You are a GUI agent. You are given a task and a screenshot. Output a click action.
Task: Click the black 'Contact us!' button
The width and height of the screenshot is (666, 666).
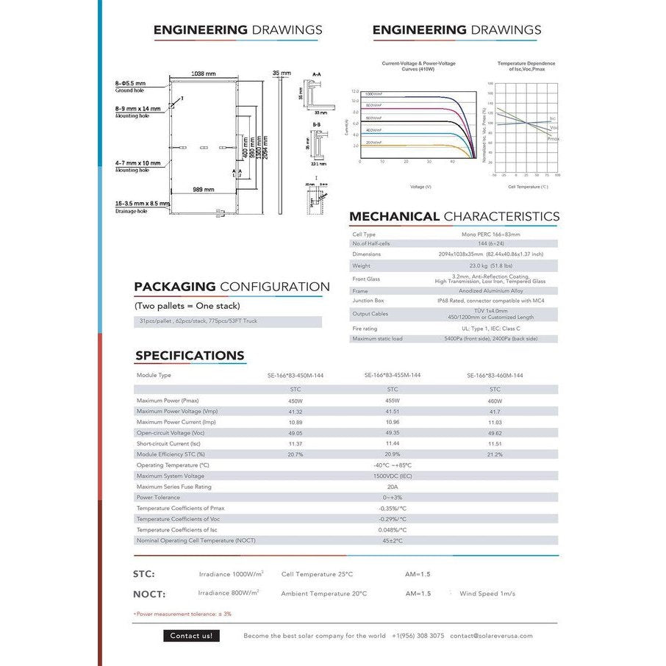[190, 636]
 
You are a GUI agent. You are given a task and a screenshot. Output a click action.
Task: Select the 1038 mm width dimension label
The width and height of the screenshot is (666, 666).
[203, 74]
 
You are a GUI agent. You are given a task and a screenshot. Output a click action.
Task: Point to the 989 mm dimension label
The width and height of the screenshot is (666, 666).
[203, 190]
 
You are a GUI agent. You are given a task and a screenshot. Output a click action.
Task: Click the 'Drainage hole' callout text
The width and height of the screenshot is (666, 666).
[131, 211]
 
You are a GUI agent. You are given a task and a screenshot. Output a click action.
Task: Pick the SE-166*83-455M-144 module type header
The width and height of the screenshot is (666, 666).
[393, 375]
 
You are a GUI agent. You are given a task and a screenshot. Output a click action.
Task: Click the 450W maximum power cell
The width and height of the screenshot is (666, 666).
[295, 401]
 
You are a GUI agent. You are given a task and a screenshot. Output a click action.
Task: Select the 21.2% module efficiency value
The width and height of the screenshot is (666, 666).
[495, 454]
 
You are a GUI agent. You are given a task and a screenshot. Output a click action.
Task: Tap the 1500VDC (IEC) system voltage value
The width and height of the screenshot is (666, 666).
[395, 476]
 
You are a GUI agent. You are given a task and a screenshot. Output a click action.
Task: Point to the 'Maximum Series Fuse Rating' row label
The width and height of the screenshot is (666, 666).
[173, 487]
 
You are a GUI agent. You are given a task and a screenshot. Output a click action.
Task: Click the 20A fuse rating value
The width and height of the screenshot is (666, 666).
[393, 487]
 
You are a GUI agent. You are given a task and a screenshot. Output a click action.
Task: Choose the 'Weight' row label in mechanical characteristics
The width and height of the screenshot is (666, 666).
[361, 265]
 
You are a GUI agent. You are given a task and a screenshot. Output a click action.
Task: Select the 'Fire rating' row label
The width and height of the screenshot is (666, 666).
[365, 329]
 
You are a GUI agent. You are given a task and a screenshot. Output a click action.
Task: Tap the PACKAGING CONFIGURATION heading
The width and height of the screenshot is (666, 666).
[232, 287]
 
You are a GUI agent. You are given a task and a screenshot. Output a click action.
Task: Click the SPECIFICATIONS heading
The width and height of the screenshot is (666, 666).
[190, 356]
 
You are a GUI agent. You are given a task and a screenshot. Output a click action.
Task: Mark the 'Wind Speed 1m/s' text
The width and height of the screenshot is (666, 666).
[487, 593]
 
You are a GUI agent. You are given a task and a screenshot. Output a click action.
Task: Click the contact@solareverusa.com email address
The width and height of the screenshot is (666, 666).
[491, 636]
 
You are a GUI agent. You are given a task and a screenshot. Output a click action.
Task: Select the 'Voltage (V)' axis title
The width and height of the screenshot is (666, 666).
[420, 187]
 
